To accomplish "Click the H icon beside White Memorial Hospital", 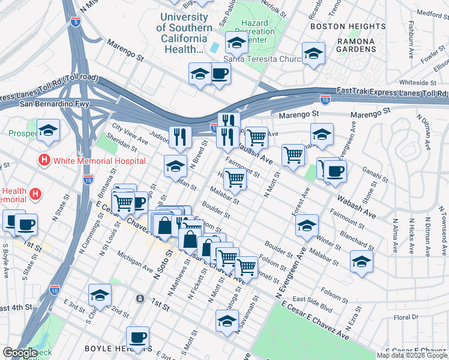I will [x=43, y=161].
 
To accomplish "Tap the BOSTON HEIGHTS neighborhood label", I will [x=348, y=26].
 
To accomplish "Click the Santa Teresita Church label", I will [x=257, y=59].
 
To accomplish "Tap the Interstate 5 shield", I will [x=75, y=22].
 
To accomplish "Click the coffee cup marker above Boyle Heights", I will [x=137, y=337].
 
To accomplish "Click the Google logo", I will [x=20, y=353].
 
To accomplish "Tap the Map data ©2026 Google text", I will [x=412, y=355].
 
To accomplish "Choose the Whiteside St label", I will [x=417, y=82].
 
